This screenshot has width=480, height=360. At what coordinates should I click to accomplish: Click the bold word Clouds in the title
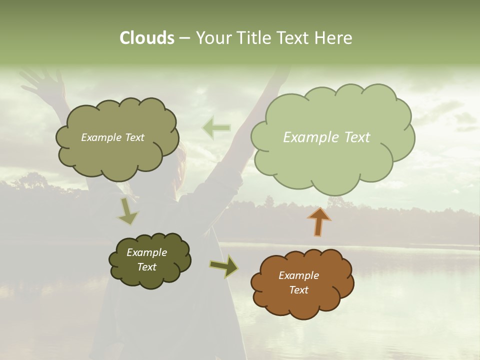pos(147,38)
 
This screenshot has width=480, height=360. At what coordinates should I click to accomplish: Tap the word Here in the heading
pos(333,38)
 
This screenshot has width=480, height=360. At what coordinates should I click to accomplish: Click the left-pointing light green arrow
pos(216,128)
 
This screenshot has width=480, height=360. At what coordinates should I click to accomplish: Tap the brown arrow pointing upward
pos(319,221)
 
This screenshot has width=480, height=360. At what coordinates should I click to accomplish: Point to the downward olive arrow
pos(127,211)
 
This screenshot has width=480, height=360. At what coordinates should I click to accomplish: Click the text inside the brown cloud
pos(298,282)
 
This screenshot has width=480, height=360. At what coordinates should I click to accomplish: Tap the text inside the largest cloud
pos(326,137)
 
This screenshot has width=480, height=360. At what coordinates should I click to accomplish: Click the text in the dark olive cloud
pos(146,259)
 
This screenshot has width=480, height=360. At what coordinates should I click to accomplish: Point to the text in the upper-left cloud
pos(112,137)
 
